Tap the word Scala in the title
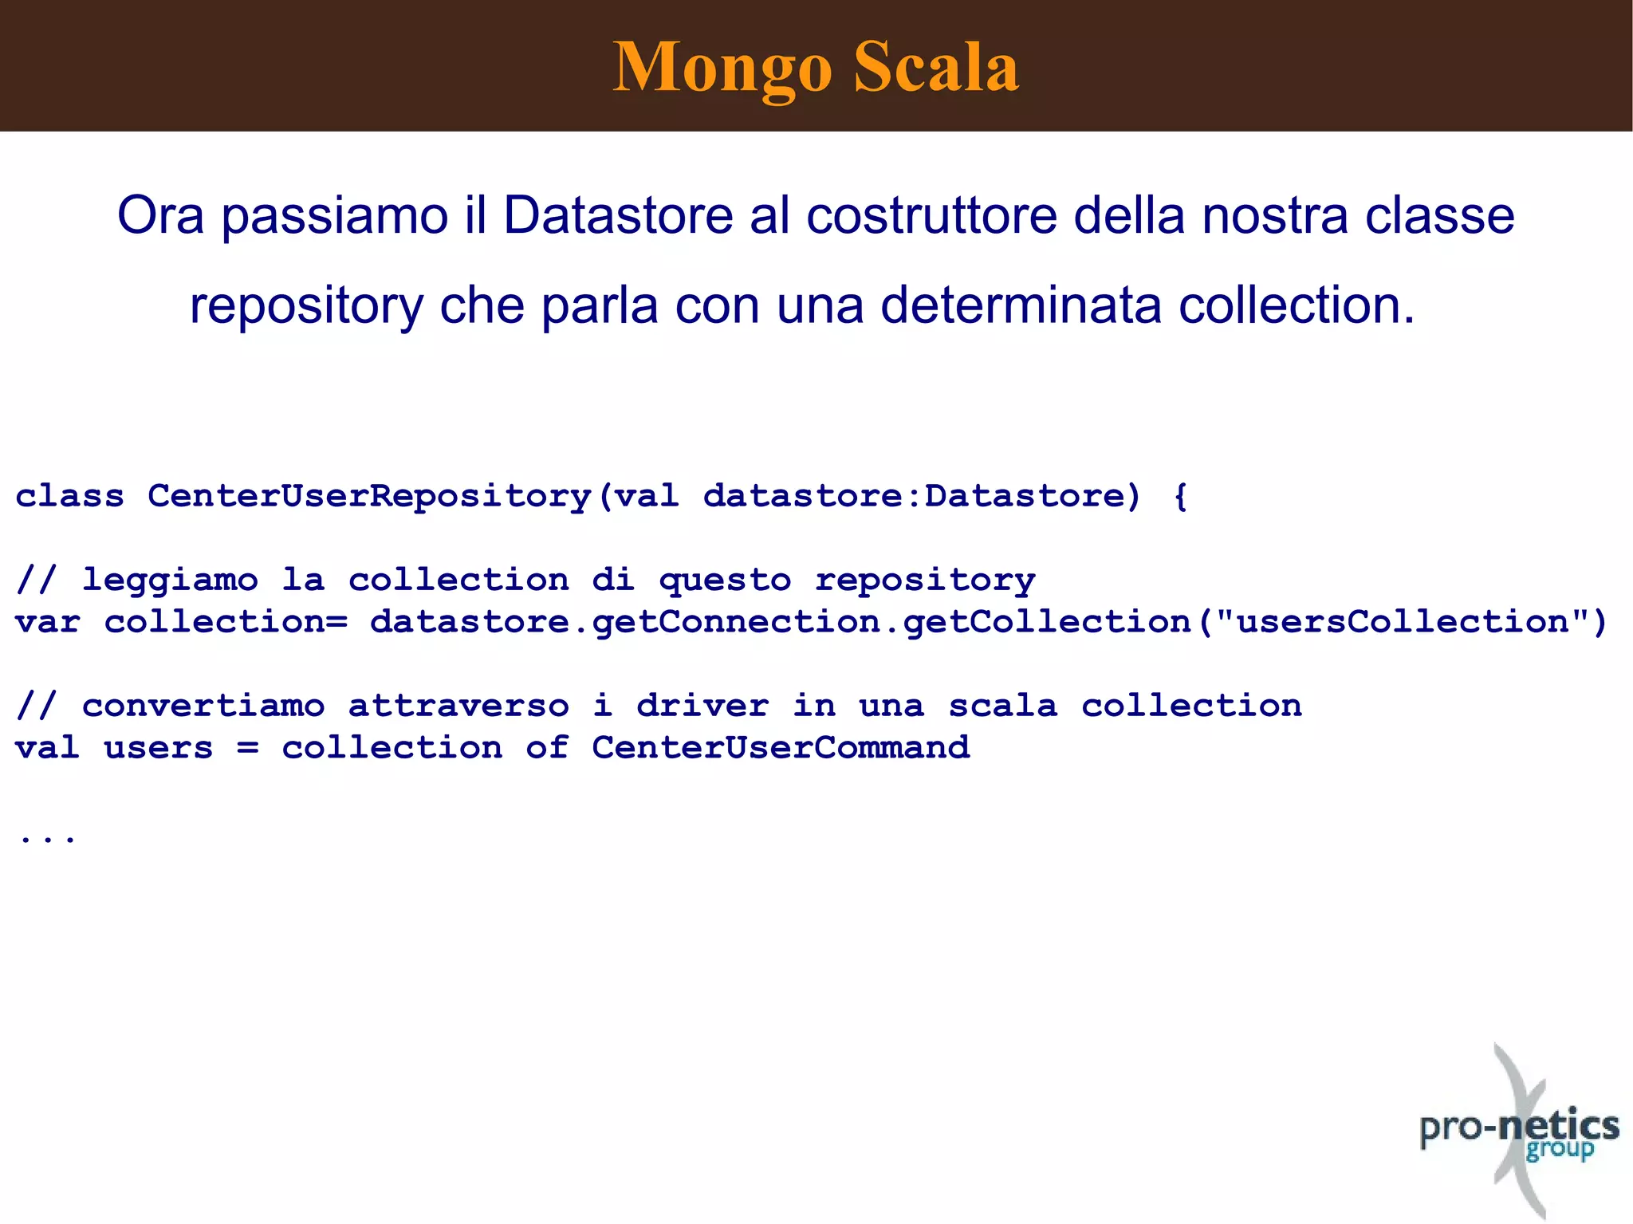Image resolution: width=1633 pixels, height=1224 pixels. (x=936, y=67)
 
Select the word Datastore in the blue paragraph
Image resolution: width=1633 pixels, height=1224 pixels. (x=618, y=215)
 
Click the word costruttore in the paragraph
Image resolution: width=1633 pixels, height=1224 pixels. (x=931, y=215)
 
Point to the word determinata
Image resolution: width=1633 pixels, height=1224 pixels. (x=1021, y=305)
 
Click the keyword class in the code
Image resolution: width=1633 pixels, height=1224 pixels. (x=70, y=496)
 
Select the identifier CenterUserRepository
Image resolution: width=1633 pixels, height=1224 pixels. (x=369, y=497)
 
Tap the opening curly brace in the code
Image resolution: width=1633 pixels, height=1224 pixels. (x=1181, y=497)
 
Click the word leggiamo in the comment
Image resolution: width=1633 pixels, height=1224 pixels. (x=171, y=580)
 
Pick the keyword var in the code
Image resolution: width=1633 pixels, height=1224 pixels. (x=48, y=622)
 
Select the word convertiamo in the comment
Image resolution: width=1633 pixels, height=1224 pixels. (x=203, y=706)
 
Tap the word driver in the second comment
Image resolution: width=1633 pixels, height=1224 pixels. (x=702, y=706)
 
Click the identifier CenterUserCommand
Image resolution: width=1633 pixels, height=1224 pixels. (x=781, y=748)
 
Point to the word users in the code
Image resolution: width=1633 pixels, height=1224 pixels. (x=159, y=748)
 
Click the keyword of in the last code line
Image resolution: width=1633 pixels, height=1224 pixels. (x=547, y=748)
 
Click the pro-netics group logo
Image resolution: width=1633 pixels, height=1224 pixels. (x=1520, y=1132)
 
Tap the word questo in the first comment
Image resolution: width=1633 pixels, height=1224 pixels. (x=725, y=581)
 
